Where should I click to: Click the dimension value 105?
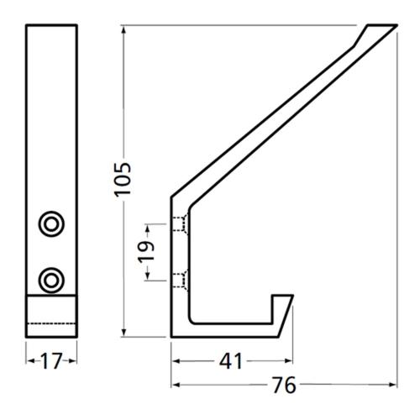tap(123, 178)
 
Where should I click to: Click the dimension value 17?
tap(50, 361)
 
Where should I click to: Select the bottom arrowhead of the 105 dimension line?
tap(123, 333)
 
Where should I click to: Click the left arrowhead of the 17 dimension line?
tap(28, 361)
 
